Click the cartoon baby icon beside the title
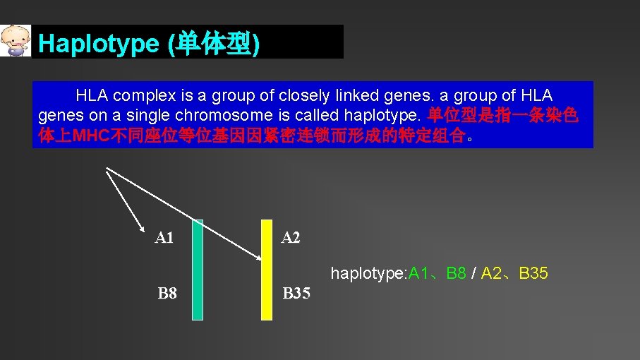pyautogui.click(x=16, y=41)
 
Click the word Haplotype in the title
pyautogui.click(x=99, y=44)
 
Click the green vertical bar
pyautogui.click(x=197, y=270)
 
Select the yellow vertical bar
pyautogui.click(x=266, y=270)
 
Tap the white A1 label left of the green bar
pyautogui.click(x=164, y=238)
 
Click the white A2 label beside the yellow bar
pyautogui.click(x=291, y=238)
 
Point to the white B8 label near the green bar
pyautogui.click(x=167, y=293)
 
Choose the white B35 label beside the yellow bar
pyautogui.click(x=296, y=293)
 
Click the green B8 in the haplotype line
pyautogui.click(x=456, y=273)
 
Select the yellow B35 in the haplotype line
pyautogui.click(x=533, y=273)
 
